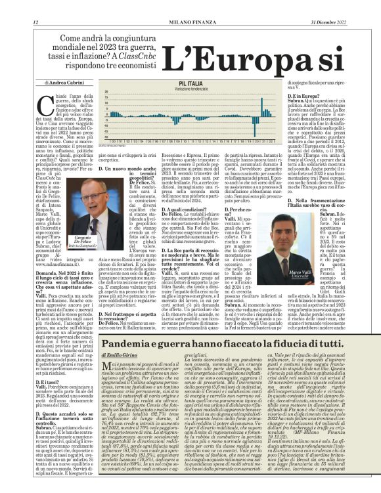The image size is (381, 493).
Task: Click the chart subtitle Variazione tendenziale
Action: (190, 89)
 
